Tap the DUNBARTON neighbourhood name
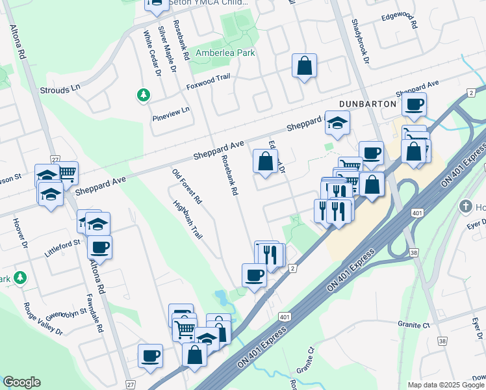[368, 104]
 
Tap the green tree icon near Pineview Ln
[143, 96]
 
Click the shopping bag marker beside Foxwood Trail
[304, 66]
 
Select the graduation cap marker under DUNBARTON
[337, 122]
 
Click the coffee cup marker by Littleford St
[99, 246]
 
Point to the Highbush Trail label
[184, 218]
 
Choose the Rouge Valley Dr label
[43, 318]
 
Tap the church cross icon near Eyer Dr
[465, 207]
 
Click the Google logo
[21, 382]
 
